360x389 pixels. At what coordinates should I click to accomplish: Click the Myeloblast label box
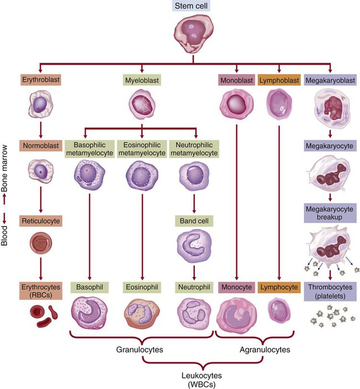click(141, 80)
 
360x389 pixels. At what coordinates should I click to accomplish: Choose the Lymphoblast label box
click(280, 80)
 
